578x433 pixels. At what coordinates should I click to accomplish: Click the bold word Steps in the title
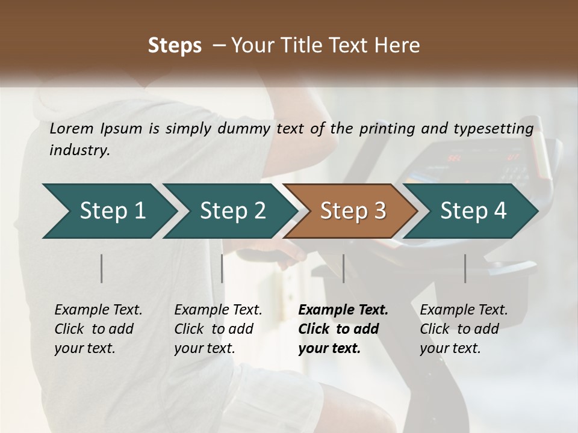coord(175,45)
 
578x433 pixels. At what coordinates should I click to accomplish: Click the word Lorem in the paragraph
coord(72,128)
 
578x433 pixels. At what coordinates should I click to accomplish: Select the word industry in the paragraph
coord(79,150)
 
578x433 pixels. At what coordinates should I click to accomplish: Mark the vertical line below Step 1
coord(102,268)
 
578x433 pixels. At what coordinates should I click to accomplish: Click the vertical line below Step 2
coord(222,268)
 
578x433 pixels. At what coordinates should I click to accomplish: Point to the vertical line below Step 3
coord(344,268)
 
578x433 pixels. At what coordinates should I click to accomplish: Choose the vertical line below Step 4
coord(465,268)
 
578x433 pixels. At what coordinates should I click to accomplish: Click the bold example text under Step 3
coord(343,329)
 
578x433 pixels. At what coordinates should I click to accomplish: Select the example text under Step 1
coord(98,329)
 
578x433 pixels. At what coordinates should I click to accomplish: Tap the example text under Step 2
coord(218,329)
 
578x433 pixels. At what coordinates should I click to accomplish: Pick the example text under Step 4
coord(464,329)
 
